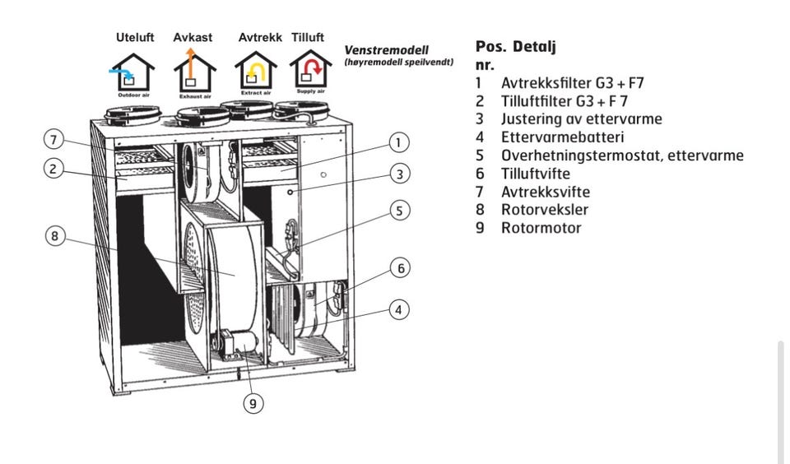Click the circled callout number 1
pyautogui.click(x=399, y=142)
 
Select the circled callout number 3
pyautogui.click(x=399, y=174)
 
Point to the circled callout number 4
pyautogui.click(x=399, y=310)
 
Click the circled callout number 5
pyautogui.click(x=399, y=211)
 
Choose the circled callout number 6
pyautogui.click(x=399, y=268)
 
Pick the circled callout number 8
pyautogui.click(x=54, y=236)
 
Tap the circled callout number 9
pyautogui.click(x=253, y=403)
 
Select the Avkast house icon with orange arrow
pyautogui.click(x=194, y=72)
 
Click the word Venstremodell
pyautogui.click(x=386, y=50)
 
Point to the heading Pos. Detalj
pyautogui.click(x=516, y=47)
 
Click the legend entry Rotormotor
pyautogui.click(x=541, y=228)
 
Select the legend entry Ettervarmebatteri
pyautogui.click(x=562, y=137)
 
